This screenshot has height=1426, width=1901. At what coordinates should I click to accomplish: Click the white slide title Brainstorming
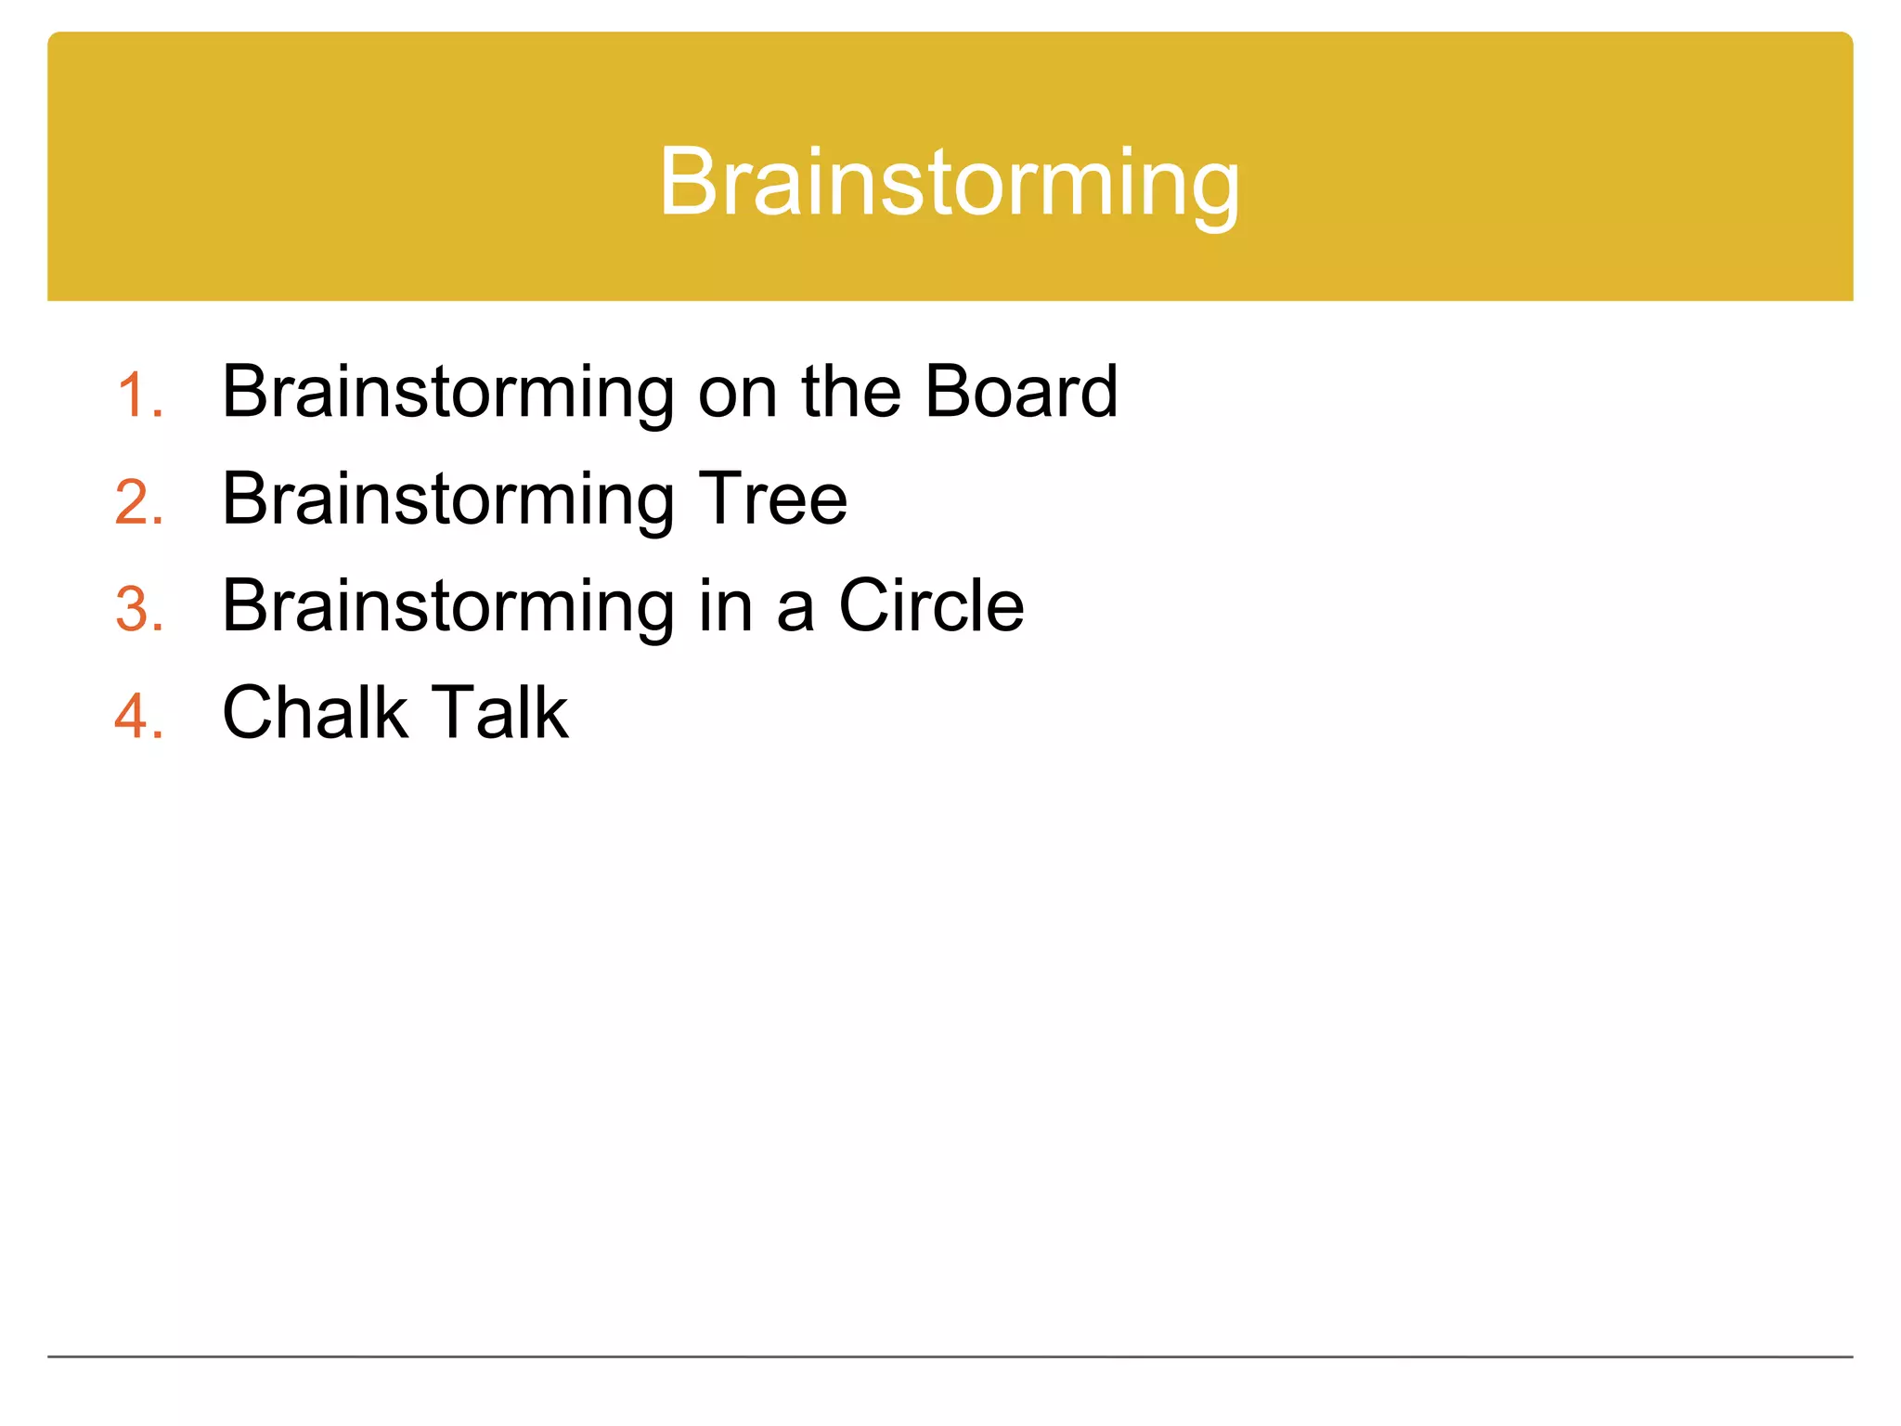click(949, 183)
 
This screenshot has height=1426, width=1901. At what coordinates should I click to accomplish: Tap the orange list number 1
click(139, 395)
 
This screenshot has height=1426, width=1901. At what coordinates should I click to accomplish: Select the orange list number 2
click(139, 502)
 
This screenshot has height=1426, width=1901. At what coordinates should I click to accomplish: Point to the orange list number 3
click(139, 609)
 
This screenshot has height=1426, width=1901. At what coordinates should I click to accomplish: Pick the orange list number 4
click(139, 716)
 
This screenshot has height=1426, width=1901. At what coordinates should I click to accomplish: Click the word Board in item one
click(1021, 392)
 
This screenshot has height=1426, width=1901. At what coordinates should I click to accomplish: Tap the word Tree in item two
click(772, 499)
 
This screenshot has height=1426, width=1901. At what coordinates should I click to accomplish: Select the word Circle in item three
click(931, 605)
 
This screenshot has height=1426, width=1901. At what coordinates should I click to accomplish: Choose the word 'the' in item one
click(851, 392)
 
